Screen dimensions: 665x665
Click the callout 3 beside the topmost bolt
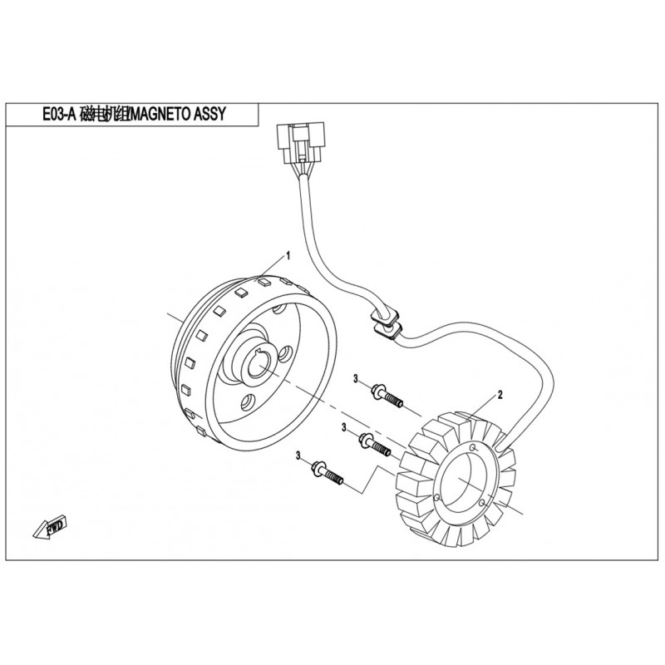tap(355, 379)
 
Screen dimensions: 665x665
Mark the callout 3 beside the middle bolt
tap(342, 427)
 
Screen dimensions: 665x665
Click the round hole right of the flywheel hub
tap(284, 355)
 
